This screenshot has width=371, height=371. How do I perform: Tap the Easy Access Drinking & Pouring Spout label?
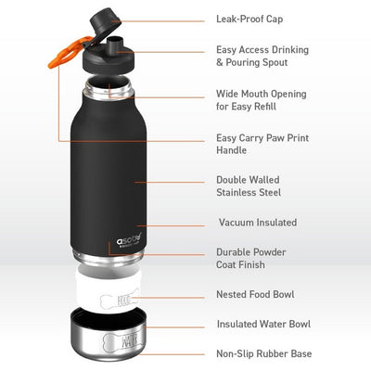(x=262, y=56)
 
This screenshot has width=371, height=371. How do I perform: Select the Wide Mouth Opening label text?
(x=261, y=100)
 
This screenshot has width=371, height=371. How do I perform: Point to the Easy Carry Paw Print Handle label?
(x=261, y=143)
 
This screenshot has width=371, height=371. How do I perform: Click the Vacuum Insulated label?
(x=257, y=223)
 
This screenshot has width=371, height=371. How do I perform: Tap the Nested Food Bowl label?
(x=255, y=295)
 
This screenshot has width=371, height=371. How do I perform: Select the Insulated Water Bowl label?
(x=262, y=324)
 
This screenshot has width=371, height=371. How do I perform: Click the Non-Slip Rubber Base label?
(x=263, y=353)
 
